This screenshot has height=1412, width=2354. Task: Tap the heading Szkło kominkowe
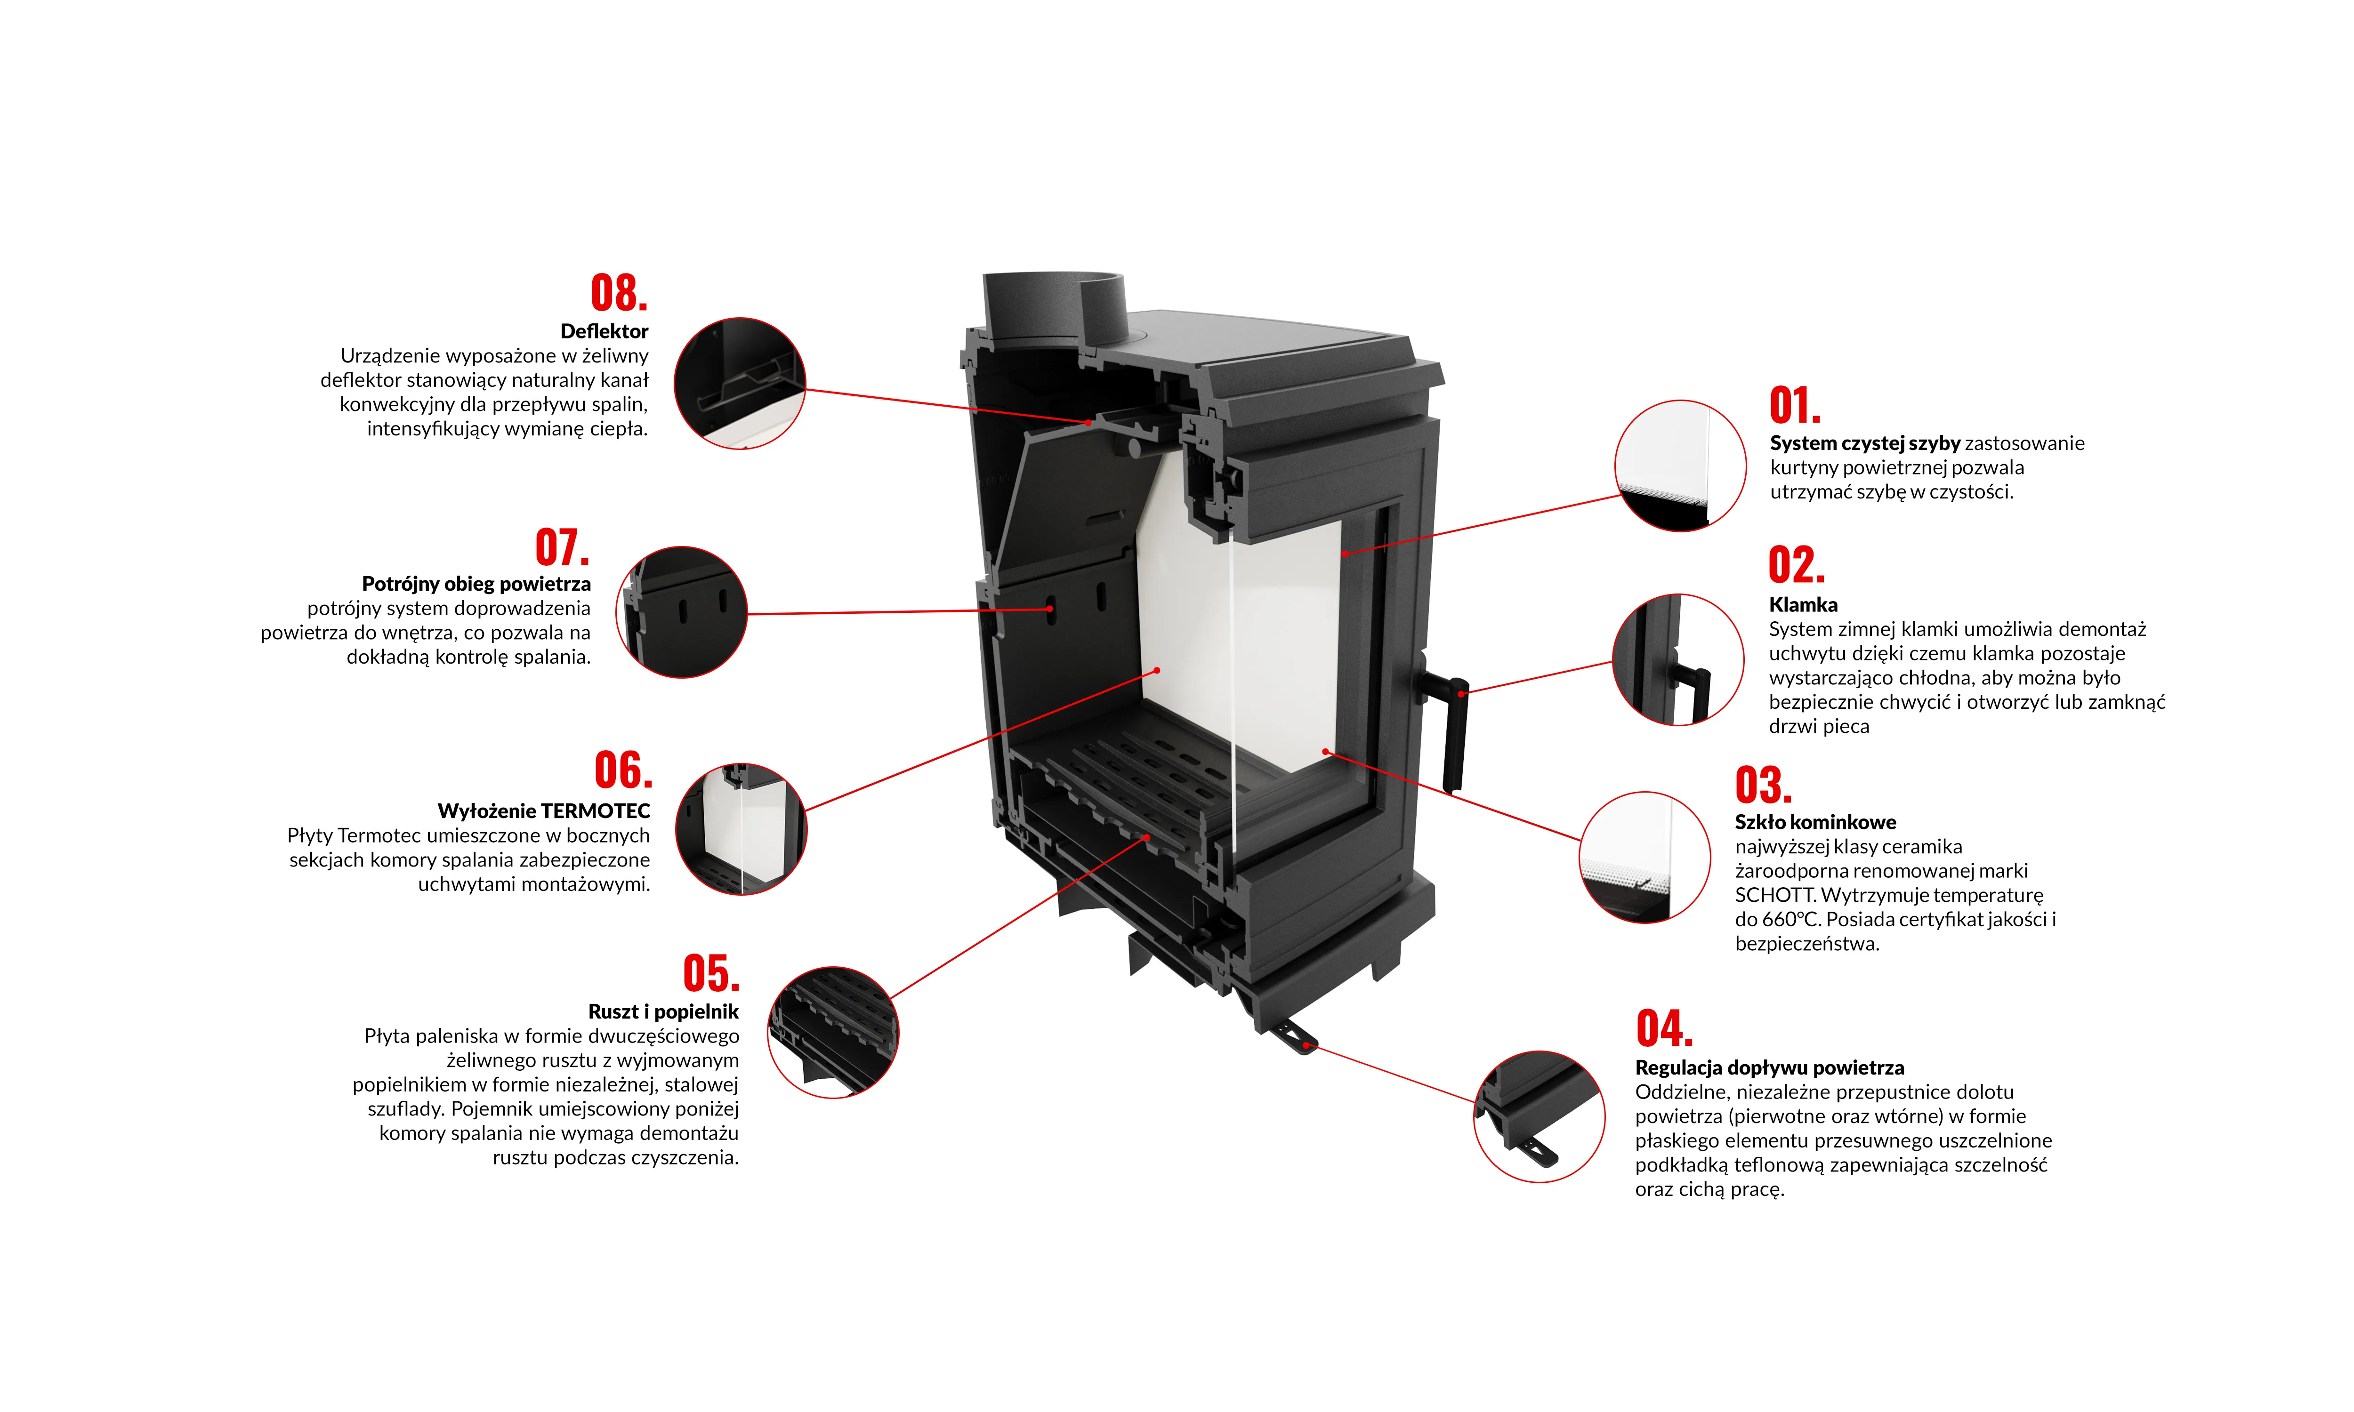[x=1814, y=822]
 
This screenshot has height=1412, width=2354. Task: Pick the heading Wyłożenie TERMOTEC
[x=543, y=810]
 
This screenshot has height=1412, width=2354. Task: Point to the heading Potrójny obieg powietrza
[x=476, y=583]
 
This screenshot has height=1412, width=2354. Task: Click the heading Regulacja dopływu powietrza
[x=1769, y=1067]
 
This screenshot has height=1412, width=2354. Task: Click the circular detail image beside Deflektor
[x=739, y=384]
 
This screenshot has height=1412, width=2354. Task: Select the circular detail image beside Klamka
[x=1677, y=659]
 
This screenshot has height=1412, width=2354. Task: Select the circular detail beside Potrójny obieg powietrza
[x=681, y=612]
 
